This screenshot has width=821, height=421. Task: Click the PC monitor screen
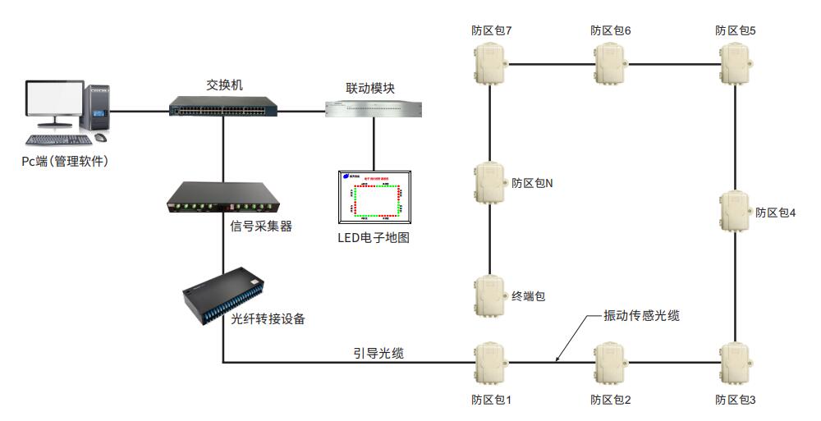(53, 103)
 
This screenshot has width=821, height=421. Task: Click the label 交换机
(223, 85)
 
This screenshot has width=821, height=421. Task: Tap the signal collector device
(222, 200)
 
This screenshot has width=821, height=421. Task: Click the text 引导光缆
(378, 353)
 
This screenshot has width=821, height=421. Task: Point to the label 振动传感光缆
(641, 315)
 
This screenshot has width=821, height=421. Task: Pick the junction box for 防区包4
(736, 212)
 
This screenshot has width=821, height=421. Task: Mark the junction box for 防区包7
(491, 64)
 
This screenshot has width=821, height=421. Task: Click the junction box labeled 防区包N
(491, 182)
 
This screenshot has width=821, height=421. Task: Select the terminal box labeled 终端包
(491, 296)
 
